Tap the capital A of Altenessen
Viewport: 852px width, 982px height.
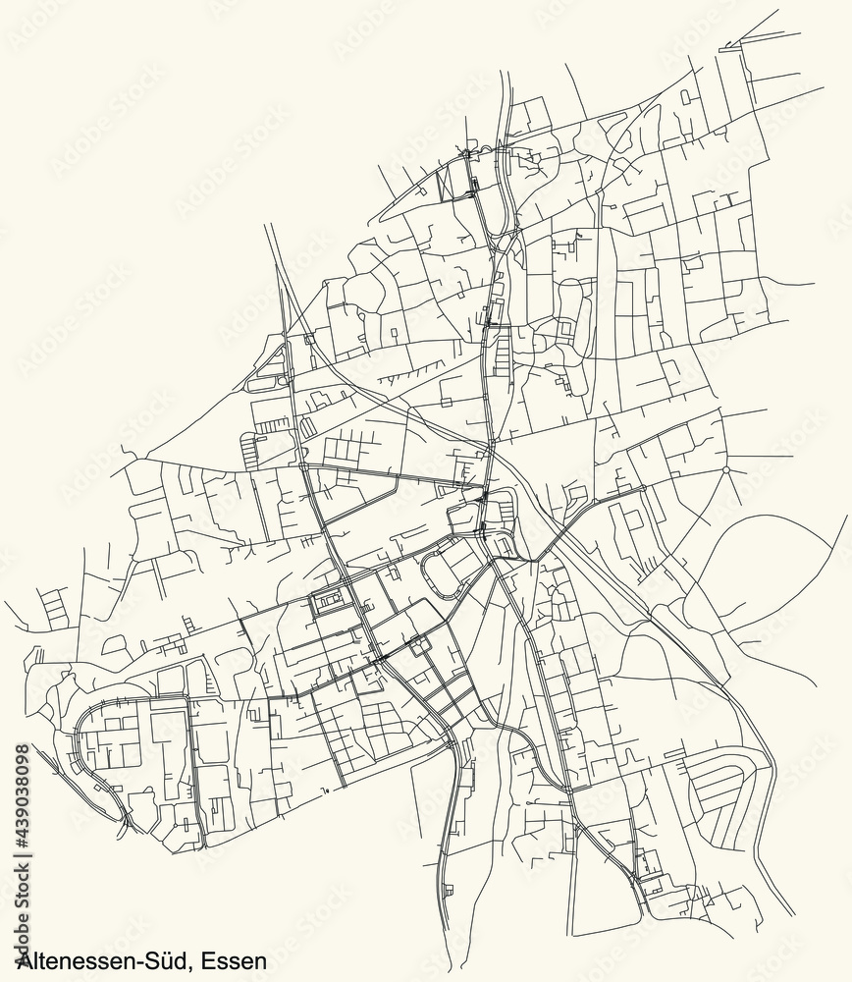[x=10, y=961]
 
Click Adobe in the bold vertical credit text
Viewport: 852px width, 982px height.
[x=26, y=928]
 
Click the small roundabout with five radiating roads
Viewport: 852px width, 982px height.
[x=725, y=471]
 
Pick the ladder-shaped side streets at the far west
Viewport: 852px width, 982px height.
[x=55, y=604]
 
